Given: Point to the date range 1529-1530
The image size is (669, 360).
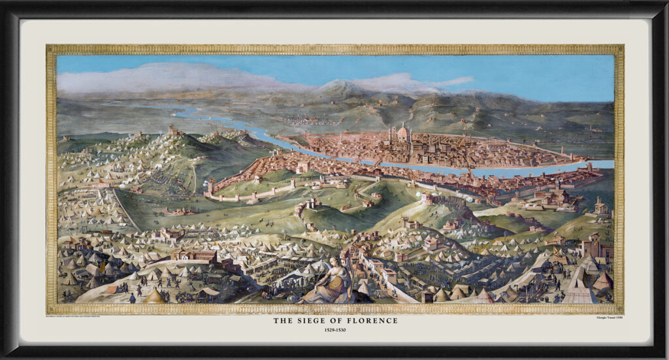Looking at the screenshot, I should [x=334, y=330].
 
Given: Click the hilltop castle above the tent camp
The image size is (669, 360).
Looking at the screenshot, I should [x=175, y=131].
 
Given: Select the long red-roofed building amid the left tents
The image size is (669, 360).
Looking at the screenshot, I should [x=193, y=255].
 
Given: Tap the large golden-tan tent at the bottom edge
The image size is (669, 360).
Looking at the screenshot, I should [x=154, y=297].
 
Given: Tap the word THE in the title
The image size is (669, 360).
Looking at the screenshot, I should [x=282, y=321].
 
